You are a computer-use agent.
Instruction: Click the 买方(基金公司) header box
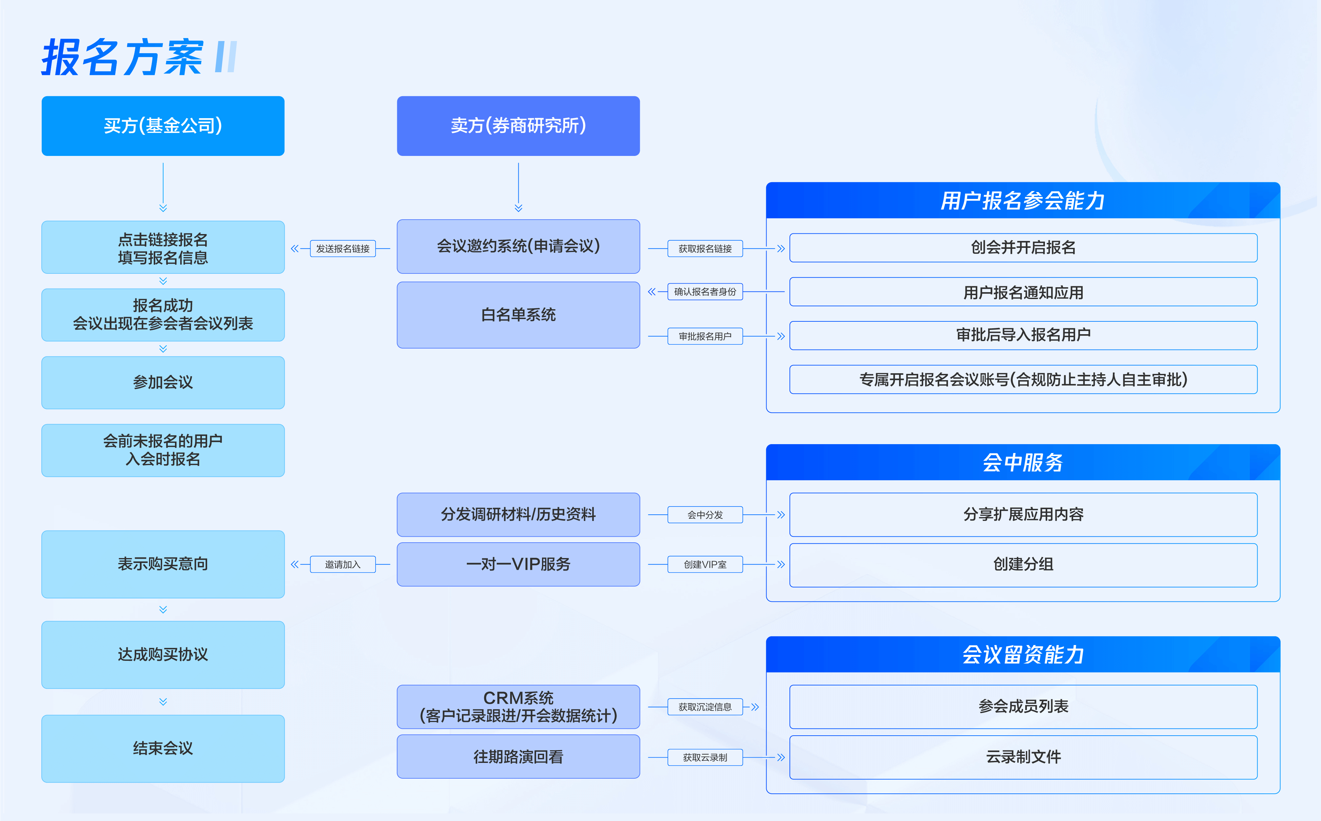tap(163, 126)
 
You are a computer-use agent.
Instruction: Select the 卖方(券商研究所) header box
tap(518, 126)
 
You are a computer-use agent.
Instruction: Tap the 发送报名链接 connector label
tap(343, 249)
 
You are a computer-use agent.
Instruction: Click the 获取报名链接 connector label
tap(705, 249)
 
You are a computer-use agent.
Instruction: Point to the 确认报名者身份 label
tap(705, 292)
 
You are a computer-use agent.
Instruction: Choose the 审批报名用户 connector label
tap(705, 336)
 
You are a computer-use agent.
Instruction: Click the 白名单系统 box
tap(518, 315)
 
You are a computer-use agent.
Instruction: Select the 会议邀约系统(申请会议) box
tap(518, 247)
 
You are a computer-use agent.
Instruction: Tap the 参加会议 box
tap(163, 382)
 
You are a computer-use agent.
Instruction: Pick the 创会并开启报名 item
tap(1023, 248)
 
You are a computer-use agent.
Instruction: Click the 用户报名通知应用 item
tap(1023, 292)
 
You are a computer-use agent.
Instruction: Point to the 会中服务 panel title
tap(1023, 463)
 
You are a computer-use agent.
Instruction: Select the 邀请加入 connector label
tap(343, 564)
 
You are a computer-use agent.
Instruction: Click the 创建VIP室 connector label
tap(705, 564)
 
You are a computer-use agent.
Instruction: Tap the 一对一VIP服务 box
tap(518, 564)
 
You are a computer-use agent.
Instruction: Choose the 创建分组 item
tap(1023, 565)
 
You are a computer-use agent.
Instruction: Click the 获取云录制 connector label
tap(705, 757)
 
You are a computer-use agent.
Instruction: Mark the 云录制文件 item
tap(1023, 757)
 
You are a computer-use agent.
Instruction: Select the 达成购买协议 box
tap(163, 655)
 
